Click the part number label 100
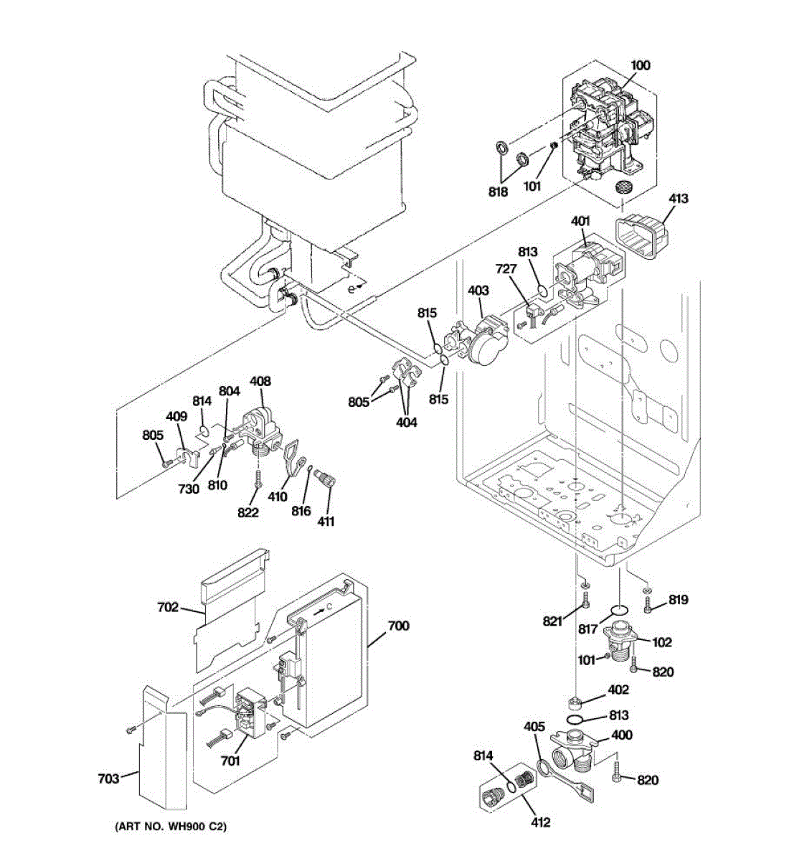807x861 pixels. coord(640,65)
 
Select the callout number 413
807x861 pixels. coord(678,198)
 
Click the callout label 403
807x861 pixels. coord(478,291)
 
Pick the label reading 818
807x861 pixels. coord(498,192)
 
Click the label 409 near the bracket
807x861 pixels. coord(176,416)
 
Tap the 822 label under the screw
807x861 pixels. coord(248,512)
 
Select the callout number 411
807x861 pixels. coord(326,522)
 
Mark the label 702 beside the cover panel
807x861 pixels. coord(167,608)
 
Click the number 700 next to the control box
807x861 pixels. coord(398,626)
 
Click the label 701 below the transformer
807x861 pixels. coord(230,761)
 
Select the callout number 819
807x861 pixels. coord(678,600)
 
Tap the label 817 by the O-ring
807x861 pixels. coord(587,629)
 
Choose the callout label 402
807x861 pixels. coord(618,690)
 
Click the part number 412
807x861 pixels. coord(540,822)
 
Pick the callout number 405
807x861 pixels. coord(534,727)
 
